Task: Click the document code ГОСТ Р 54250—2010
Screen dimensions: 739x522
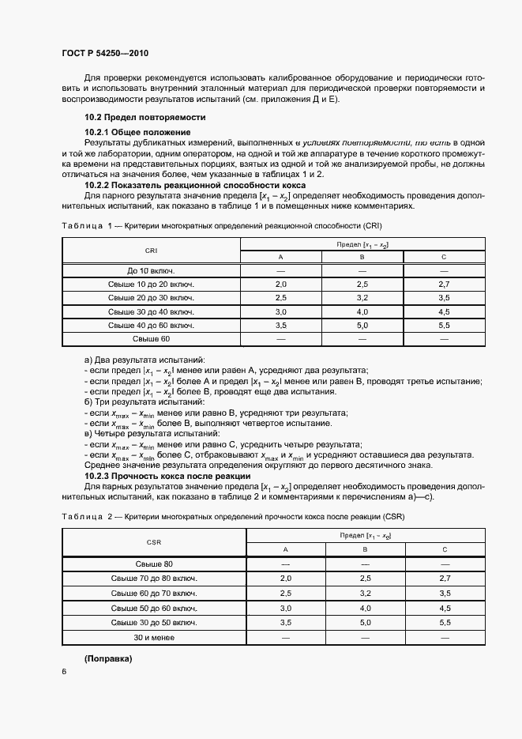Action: pos(104,53)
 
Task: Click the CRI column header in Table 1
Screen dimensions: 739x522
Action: pos(151,250)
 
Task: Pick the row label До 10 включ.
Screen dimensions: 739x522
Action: pos(151,271)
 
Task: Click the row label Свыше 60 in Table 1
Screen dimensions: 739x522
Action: pos(151,339)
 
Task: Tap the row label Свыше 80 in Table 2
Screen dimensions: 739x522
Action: pos(154,564)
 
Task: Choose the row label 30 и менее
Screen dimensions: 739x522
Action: pos(154,637)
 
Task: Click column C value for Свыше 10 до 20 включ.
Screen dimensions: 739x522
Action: pos(443,283)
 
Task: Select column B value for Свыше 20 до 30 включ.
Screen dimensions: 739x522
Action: pos(362,297)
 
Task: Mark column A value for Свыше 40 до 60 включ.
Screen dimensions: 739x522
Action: pos(280,325)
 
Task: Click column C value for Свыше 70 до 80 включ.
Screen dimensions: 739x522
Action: pos(445,579)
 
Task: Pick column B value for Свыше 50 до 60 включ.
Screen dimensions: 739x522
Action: pos(365,609)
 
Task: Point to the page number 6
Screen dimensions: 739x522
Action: pos(63,671)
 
